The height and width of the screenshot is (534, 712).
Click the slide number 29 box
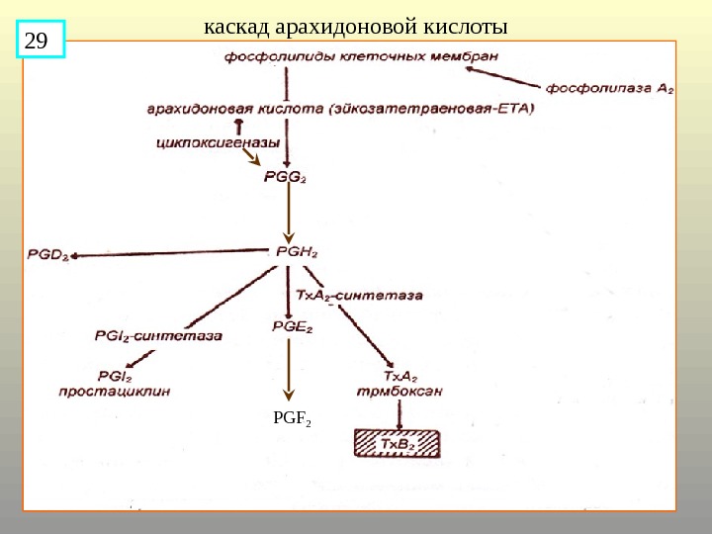(41, 41)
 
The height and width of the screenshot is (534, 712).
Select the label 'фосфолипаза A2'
(610, 87)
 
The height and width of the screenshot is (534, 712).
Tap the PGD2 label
(47, 255)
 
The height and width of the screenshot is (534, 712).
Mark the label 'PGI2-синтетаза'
(158, 335)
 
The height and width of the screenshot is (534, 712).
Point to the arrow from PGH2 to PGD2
(168, 255)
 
